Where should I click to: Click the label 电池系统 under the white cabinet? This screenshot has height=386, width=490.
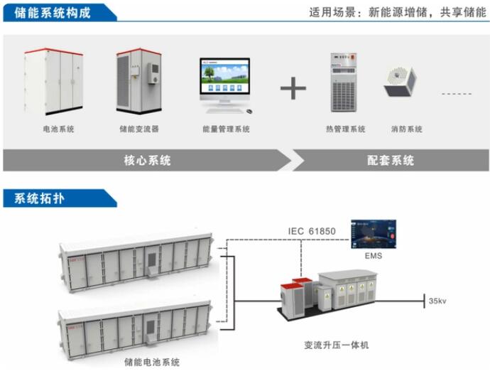(58, 129)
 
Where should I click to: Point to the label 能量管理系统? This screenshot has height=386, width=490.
(226, 129)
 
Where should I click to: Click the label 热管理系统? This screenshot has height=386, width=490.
(345, 129)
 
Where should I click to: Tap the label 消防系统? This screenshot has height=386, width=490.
(406, 129)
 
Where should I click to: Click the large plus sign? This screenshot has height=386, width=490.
(293, 89)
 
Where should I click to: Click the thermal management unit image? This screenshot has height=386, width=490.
(346, 82)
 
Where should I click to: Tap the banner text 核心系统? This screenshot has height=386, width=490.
(147, 161)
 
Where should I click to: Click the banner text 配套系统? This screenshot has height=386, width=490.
(390, 161)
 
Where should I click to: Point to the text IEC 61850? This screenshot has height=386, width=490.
(312, 231)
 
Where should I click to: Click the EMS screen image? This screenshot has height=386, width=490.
(374, 235)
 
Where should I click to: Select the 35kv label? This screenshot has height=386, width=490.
(437, 301)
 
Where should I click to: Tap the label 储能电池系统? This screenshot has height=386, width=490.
(152, 362)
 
